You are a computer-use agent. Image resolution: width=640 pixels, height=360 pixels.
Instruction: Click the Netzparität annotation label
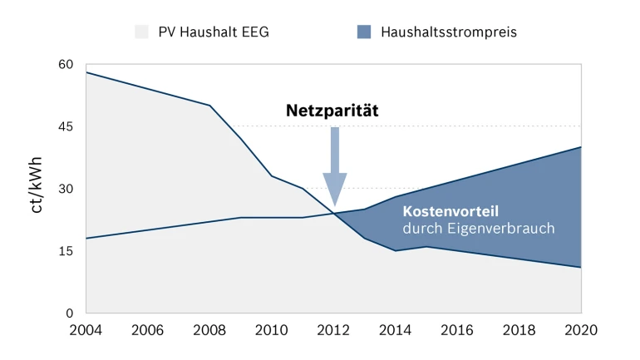pyautogui.click(x=332, y=111)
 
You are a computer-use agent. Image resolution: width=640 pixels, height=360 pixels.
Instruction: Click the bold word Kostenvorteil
pyautogui.click(x=450, y=211)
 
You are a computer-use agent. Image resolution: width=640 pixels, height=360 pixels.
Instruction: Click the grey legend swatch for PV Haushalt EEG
pyautogui.click(x=140, y=32)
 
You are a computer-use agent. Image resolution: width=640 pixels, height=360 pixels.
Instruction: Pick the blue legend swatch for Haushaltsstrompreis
pyautogui.click(x=364, y=32)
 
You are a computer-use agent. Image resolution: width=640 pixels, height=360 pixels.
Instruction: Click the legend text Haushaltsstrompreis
pyautogui.click(x=449, y=32)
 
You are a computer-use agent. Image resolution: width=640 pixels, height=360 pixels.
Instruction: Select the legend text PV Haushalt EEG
pyautogui.click(x=214, y=32)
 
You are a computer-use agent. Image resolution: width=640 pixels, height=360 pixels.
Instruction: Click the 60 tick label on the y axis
pyautogui.click(x=66, y=65)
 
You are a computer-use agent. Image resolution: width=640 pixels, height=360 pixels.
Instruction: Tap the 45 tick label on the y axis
pyautogui.click(x=66, y=126)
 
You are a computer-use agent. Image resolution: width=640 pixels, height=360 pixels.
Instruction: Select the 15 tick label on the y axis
pyautogui.click(x=66, y=251)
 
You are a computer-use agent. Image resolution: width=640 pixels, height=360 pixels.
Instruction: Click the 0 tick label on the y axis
pyautogui.click(x=70, y=313)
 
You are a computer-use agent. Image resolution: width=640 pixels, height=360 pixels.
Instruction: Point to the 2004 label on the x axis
pyautogui.click(x=86, y=330)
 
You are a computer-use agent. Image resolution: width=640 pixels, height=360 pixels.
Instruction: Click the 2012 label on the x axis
pyautogui.click(x=332, y=330)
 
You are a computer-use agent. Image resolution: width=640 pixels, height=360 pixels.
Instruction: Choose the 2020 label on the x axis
pyautogui.click(x=580, y=330)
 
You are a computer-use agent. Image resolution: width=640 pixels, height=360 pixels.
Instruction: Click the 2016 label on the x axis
pyautogui.click(x=456, y=330)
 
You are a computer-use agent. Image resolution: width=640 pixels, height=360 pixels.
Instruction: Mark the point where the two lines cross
pyautogui.click(x=334, y=214)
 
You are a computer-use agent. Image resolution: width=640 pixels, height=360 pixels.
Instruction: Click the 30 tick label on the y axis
pyautogui.click(x=66, y=189)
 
